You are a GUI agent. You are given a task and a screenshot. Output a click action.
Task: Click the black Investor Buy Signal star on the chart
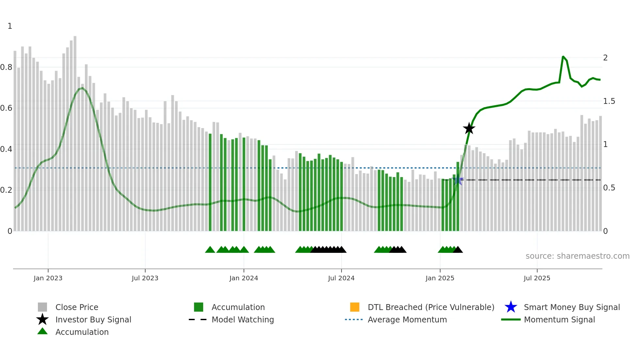469,128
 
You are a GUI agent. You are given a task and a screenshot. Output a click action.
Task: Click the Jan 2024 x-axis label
244,278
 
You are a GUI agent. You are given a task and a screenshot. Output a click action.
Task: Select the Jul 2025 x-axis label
537,278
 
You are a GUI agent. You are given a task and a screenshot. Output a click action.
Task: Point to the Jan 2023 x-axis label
48,278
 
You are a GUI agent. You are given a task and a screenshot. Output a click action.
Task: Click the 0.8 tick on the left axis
6,67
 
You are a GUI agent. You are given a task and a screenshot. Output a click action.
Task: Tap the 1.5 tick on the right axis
609,101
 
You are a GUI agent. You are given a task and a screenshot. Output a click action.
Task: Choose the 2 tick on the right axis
605,58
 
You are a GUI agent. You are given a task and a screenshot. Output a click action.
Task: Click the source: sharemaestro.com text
577,256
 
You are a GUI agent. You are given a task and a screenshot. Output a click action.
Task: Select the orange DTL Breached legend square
355,307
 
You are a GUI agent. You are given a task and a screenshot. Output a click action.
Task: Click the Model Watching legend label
243,319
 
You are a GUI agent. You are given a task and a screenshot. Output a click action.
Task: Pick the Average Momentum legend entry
407,319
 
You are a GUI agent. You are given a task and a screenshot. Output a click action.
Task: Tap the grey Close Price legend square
42,307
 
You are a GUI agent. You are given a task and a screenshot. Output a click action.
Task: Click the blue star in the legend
511,307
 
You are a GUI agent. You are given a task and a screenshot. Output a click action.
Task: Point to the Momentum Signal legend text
559,319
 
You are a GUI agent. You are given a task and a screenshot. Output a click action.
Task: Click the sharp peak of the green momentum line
563,57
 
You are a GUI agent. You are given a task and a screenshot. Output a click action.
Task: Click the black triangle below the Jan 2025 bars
458,250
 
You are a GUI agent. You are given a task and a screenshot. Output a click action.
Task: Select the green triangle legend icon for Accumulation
42,331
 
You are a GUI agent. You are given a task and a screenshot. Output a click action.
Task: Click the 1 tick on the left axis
10,26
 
